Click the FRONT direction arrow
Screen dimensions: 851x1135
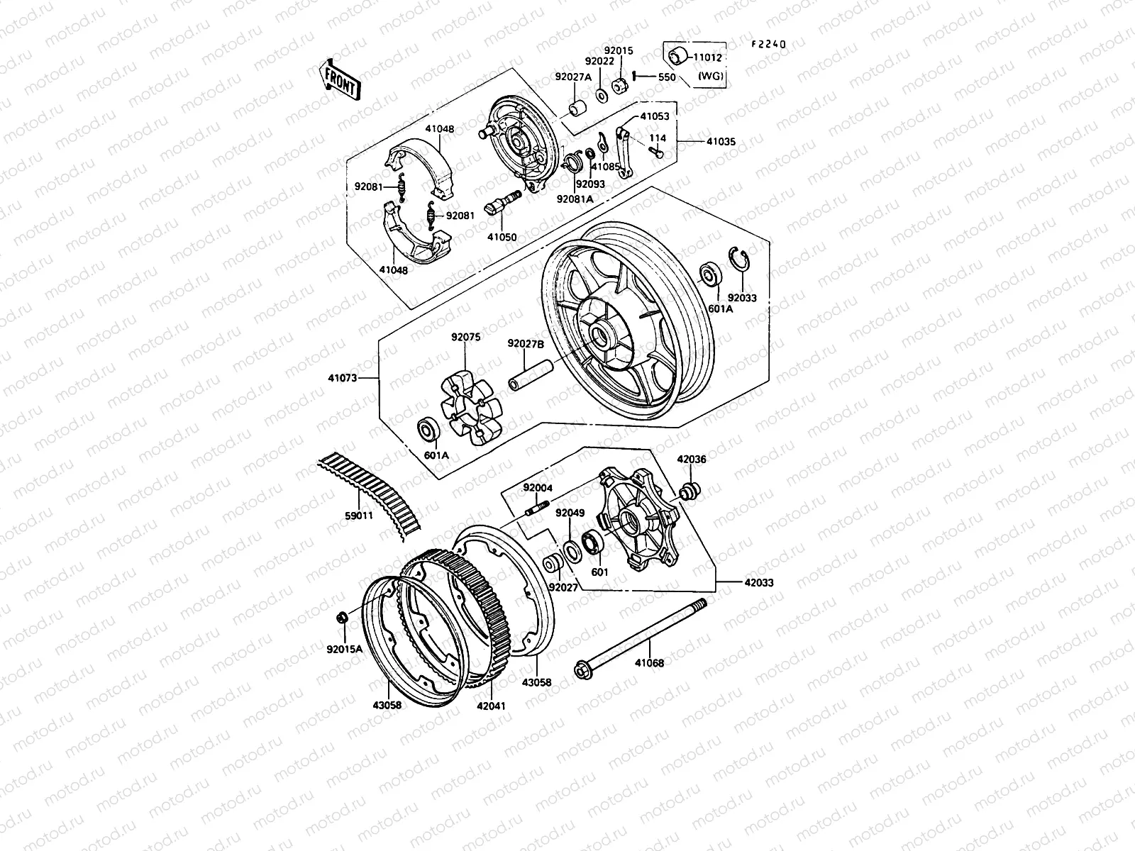341,79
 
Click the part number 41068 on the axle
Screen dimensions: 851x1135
649,664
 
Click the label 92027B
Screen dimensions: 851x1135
525,344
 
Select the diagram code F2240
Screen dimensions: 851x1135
769,44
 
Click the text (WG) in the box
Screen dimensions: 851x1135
711,76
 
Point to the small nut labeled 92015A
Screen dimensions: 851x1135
341,619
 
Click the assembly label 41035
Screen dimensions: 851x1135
721,142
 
